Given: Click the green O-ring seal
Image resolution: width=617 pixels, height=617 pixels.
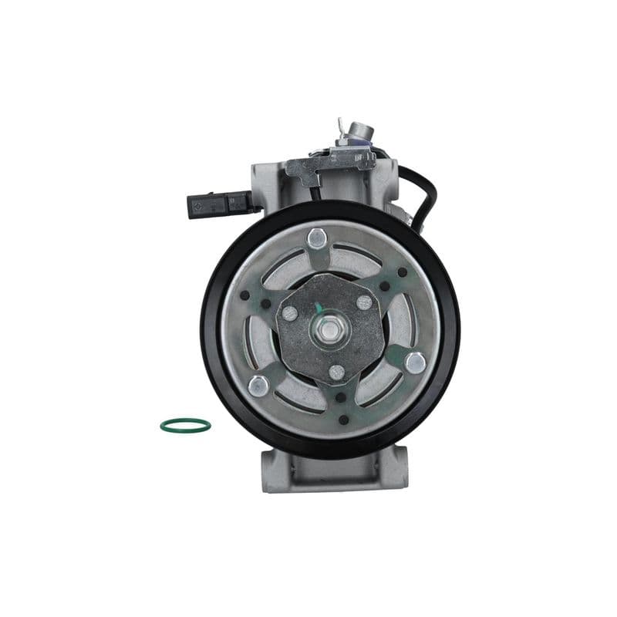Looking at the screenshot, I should pos(185,425).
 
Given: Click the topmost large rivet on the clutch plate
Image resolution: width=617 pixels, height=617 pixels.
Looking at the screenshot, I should pos(315,238).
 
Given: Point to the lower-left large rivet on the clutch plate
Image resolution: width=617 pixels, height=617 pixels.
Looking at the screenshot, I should pos(259,385).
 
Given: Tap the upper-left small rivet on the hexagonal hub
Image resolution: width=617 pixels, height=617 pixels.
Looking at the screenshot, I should pos(290,313).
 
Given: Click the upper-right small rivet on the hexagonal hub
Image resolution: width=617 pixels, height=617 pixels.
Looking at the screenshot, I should pos(364,302).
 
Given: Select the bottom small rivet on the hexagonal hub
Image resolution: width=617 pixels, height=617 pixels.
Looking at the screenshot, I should pos(336,372).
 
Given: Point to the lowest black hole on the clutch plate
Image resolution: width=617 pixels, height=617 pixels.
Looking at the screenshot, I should pos(343,420).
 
